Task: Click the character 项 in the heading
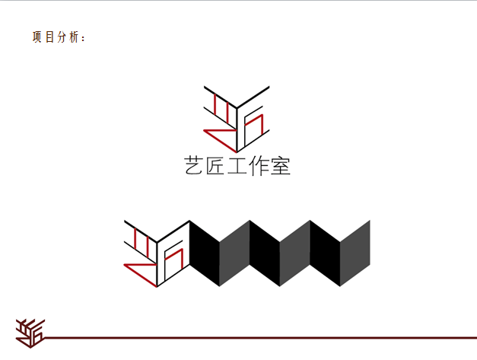[x=37, y=37]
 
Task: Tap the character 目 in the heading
[x=50, y=37]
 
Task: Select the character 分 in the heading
[x=62, y=37]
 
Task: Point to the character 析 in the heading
[x=74, y=37]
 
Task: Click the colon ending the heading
[x=83, y=38]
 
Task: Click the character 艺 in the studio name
[x=193, y=166]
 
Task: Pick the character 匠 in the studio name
[x=215, y=166]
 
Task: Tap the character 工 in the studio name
[x=237, y=166]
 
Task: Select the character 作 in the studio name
[x=258, y=166]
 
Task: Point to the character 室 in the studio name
[x=281, y=166]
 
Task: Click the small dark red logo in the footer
[x=30, y=333]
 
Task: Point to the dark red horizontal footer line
[x=260, y=337]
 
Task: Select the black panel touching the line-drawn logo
[x=205, y=253]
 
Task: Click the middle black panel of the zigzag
[x=265, y=253]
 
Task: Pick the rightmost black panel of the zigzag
[x=325, y=253]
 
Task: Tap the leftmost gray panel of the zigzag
[x=234, y=253]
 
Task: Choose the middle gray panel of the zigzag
[x=294, y=253]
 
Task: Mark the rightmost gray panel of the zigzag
[x=355, y=253]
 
